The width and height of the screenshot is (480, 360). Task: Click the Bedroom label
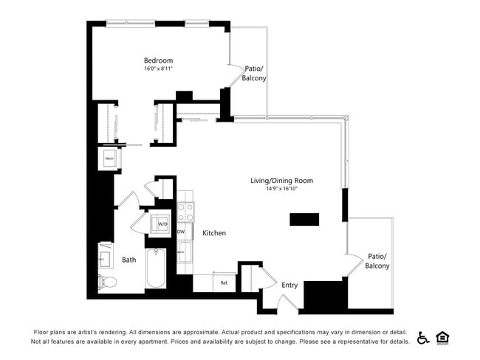click(158, 60)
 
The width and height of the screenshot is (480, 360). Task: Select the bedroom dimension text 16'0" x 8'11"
click(158, 69)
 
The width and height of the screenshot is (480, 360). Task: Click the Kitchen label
click(214, 233)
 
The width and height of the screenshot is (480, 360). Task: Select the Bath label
click(129, 260)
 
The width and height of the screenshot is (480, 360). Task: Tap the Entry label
click(289, 285)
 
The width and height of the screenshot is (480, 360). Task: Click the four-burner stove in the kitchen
click(185, 213)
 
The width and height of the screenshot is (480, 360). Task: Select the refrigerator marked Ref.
click(224, 283)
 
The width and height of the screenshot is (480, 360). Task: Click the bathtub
click(156, 269)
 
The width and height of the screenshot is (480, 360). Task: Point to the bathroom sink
click(104, 258)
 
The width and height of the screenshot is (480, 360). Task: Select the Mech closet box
click(109, 159)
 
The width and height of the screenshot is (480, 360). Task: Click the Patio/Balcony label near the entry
click(377, 260)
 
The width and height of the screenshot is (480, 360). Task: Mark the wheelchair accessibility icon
click(424, 338)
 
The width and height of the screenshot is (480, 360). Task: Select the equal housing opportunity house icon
click(443, 338)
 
